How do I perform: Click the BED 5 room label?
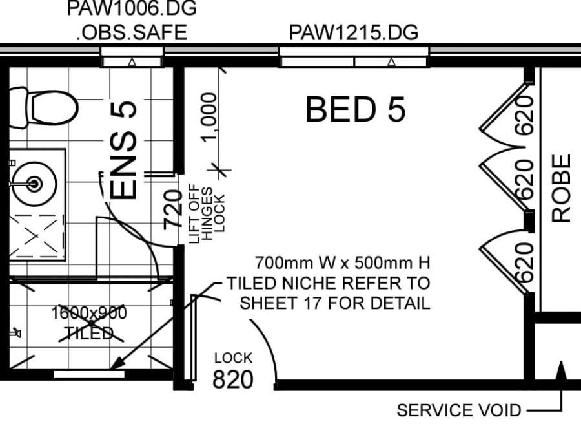355,109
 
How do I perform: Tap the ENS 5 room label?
124,150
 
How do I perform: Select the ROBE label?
561,188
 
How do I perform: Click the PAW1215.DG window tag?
354,33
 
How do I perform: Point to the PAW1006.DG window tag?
132,8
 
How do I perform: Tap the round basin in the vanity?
34,184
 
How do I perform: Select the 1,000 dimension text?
209,117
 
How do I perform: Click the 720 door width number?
173,209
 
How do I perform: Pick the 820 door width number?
233,379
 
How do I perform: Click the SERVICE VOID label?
459,410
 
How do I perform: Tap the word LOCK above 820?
234,358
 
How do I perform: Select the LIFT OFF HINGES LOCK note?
207,214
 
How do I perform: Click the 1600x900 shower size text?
89,313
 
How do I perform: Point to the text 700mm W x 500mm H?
343,263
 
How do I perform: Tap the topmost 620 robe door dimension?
524,114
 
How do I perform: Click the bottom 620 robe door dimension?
524,262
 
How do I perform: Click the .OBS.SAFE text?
132,33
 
